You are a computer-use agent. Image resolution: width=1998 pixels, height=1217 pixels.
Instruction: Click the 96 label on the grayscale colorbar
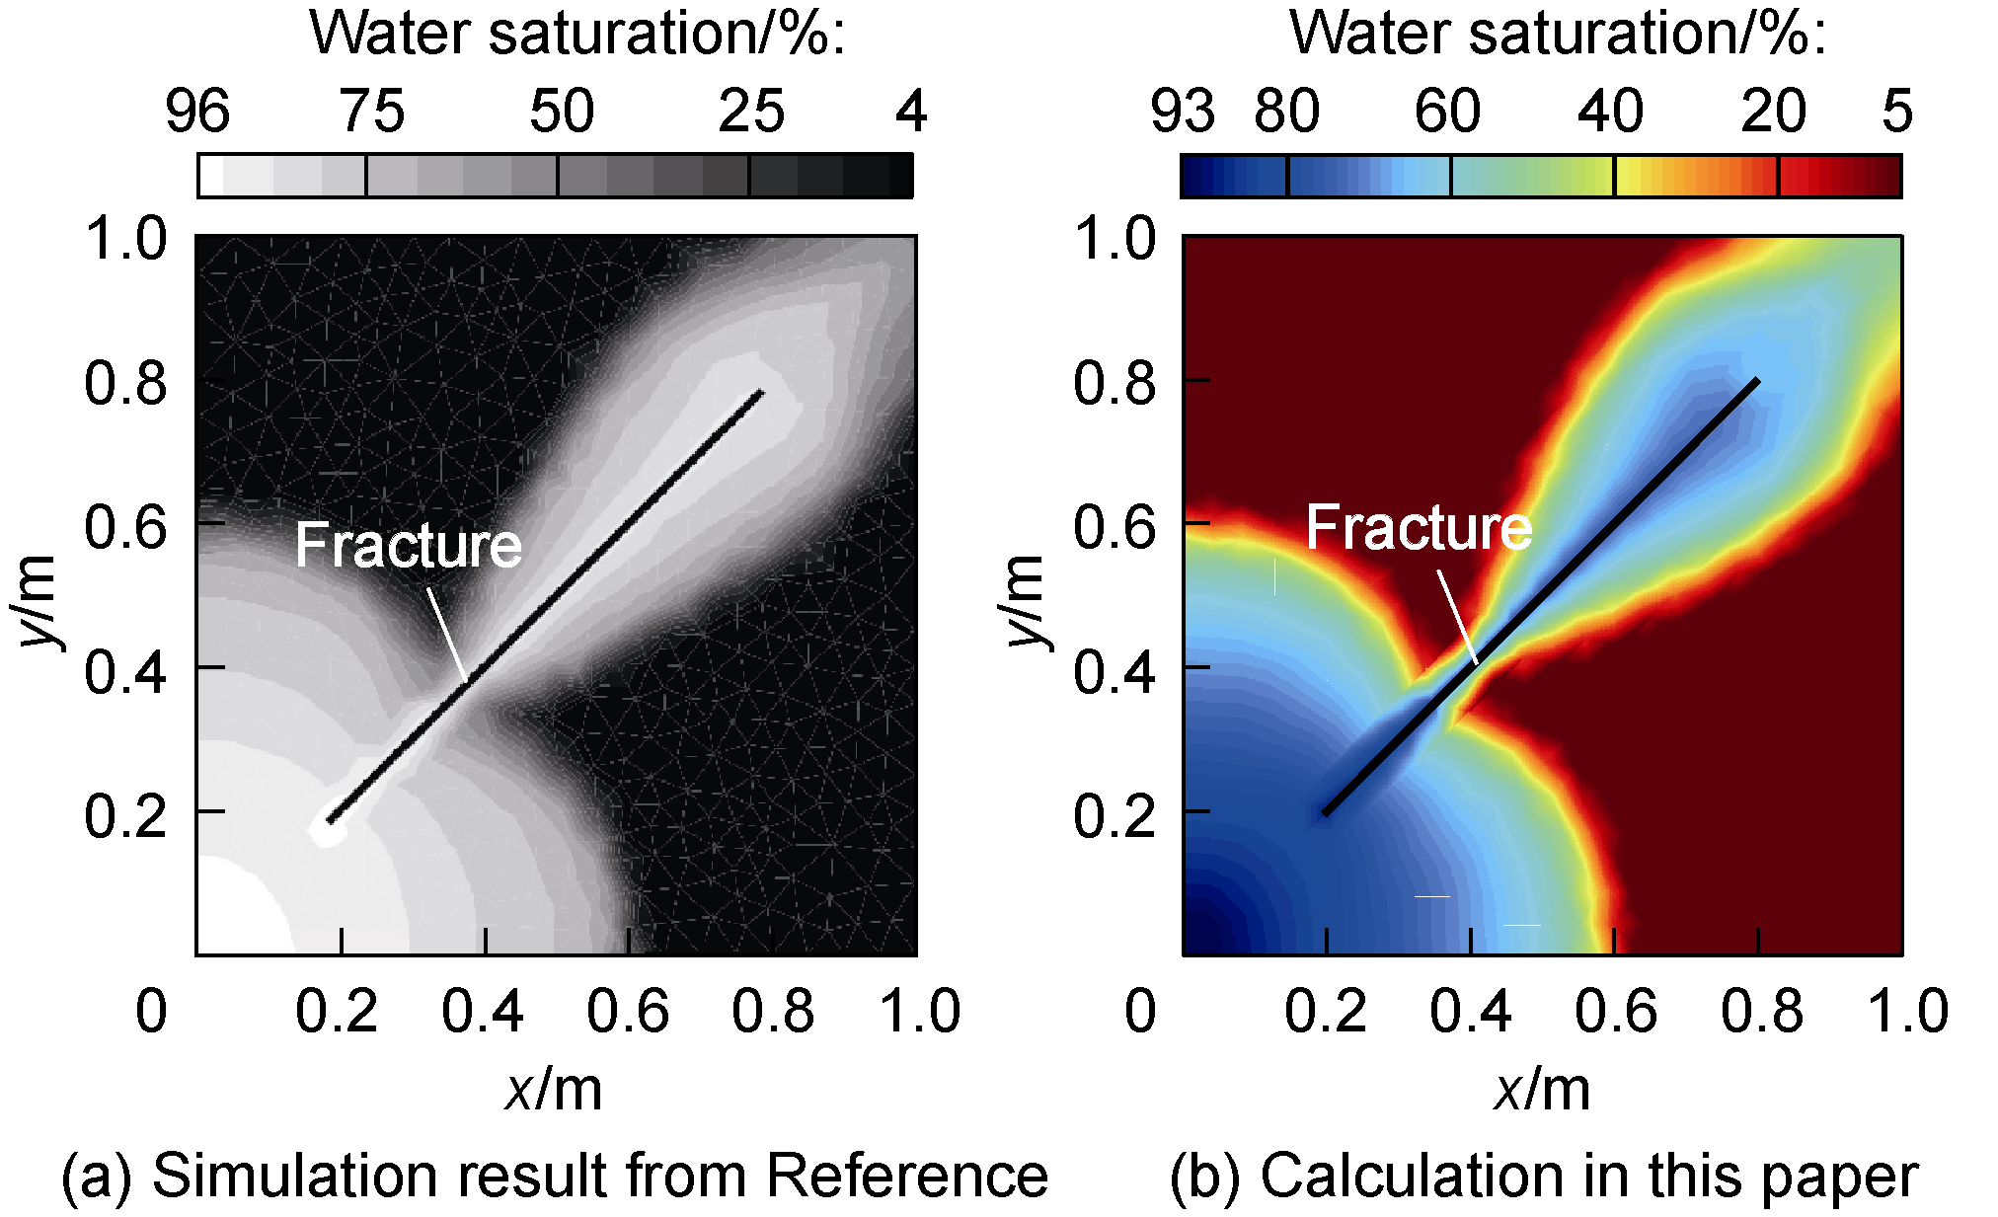197,111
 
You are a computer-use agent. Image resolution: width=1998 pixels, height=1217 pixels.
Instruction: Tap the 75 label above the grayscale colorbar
372,111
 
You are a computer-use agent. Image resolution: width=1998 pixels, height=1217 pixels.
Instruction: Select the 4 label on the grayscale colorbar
911,111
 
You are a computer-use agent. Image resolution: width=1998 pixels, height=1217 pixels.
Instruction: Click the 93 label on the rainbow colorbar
1183,111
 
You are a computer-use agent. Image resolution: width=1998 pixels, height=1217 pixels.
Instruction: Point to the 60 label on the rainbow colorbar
1447,111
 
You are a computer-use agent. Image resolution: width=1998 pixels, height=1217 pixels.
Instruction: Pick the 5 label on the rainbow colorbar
1896,111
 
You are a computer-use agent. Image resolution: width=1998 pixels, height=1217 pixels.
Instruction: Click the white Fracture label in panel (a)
409,545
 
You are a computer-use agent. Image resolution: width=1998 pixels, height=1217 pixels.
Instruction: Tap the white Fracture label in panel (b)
1420,527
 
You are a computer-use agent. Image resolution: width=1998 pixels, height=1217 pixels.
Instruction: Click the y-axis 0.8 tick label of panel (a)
126,383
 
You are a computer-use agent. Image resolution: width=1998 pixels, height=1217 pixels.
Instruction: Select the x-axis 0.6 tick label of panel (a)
628,1012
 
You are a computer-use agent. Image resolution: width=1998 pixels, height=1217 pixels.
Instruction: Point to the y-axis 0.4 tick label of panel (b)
1114,671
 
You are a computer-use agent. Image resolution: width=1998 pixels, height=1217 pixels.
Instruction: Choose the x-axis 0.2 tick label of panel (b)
1326,1012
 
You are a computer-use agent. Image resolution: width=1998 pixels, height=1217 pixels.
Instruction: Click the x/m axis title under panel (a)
554,1091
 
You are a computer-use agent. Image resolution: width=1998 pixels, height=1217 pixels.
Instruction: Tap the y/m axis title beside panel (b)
1028,601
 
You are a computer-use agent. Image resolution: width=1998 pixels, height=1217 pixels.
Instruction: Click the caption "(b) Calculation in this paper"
1544,1176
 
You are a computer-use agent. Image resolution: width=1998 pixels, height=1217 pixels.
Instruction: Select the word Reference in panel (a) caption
906,1176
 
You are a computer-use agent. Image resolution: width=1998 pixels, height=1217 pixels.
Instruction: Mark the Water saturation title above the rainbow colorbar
1558,34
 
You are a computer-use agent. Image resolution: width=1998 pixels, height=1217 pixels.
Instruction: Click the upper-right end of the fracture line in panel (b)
1755,382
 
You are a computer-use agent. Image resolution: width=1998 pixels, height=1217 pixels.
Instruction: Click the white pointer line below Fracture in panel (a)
447,633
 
